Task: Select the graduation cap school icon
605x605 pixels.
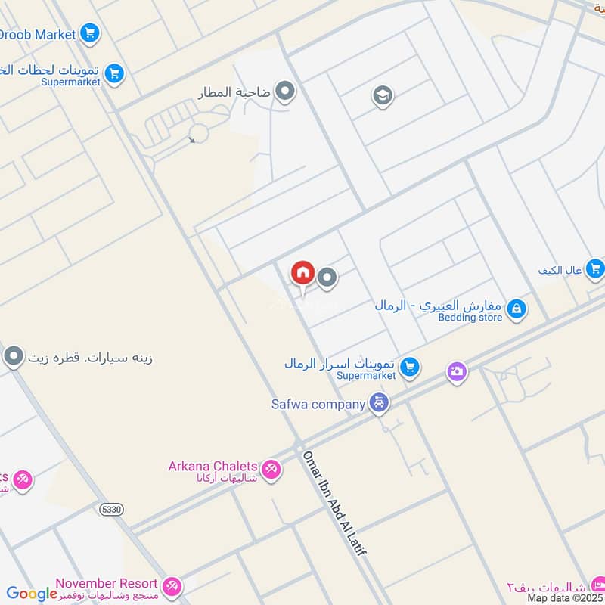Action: pyautogui.click(x=383, y=96)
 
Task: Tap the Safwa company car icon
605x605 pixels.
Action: pyautogui.click(x=380, y=403)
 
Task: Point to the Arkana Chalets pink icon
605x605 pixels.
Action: pyautogui.click(x=271, y=470)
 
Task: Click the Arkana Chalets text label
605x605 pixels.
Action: pyautogui.click(x=213, y=467)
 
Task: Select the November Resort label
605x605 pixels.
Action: pyautogui.click(x=107, y=584)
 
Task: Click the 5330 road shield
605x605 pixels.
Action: pyautogui.click(x=110, y=510)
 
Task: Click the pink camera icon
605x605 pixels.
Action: pyautogui.click(x=456, y=371)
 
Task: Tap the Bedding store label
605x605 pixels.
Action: pyautogui.click(x=470, y=318)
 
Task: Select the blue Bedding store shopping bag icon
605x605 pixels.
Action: pyautogui.click(x=517, y=309)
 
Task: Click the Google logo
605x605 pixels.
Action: pyautogui.click(x=32, y=594)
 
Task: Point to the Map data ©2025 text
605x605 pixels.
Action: pyautogui.click(x=565, y=598)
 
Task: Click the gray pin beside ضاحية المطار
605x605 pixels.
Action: pyautogui.click(x=285, y=93)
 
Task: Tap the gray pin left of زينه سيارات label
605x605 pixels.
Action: pyautogui.click(x=14, y=357)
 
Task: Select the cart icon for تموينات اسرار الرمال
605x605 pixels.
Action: pyautogui.click(x=409, y=368)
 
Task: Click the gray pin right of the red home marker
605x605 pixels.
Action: pyautogui.click(x=327, y=279)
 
